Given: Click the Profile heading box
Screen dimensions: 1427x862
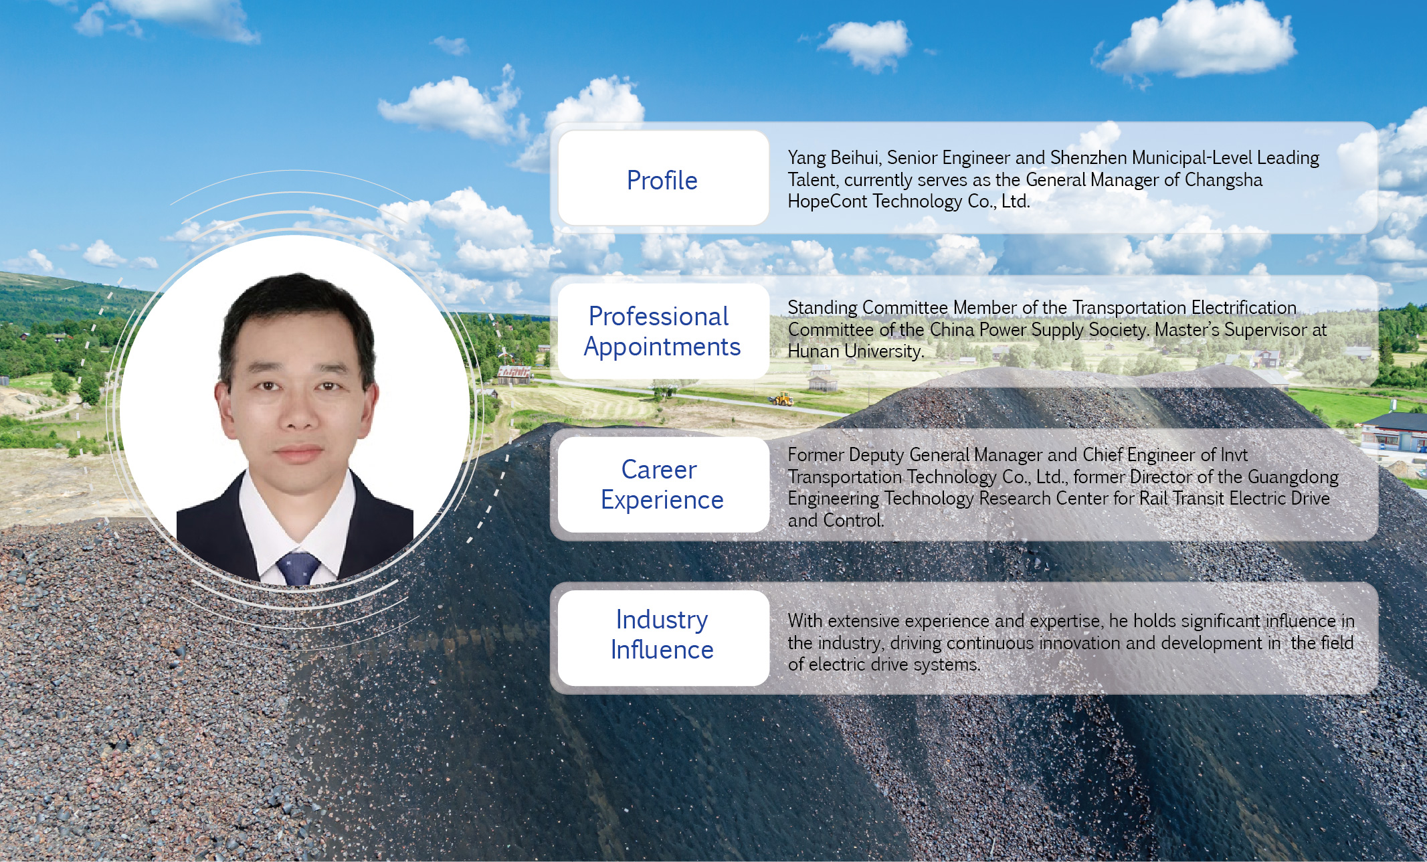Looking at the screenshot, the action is pos(663,178).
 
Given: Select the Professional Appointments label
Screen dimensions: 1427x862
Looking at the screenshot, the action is pos(662,331).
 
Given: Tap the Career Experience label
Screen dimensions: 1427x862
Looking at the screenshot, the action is pos(662,485).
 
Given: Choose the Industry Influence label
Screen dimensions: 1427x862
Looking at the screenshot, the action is pos(662,634).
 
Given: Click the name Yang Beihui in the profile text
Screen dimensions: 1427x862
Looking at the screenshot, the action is pos(834,158).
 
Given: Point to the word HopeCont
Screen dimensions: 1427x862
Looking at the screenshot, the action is pos(828,201).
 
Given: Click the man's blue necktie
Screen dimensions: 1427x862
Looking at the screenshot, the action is pos(298,568).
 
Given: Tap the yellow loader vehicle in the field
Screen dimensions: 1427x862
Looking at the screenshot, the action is pos(781,400).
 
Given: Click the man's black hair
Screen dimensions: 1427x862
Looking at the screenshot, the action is pos(298,315).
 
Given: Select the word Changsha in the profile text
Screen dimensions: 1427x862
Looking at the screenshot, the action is pos(1224,180).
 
